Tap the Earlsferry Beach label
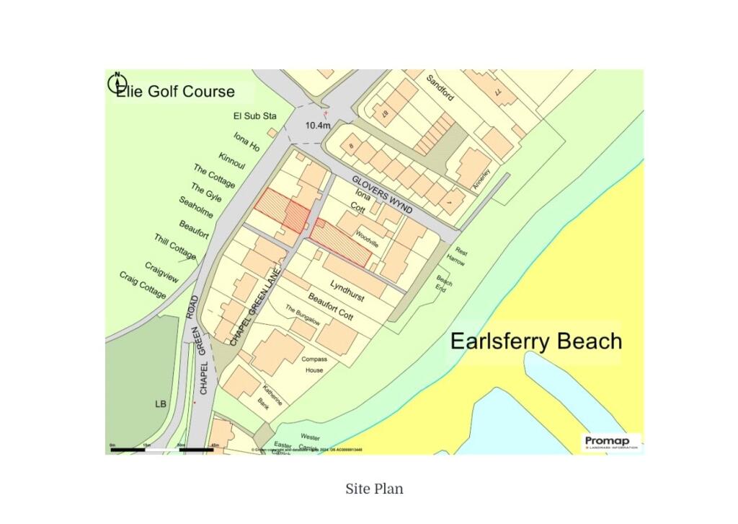click(535, 341)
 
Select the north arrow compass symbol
click(117, 82)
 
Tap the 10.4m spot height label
click(317, 126)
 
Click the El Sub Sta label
click(254, 115)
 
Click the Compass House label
click(314, 364)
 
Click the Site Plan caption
click(374, 489)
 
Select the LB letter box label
click(160, 404)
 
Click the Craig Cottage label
click(143, 285)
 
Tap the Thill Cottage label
click(174, 247)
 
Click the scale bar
click(161, 449)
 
